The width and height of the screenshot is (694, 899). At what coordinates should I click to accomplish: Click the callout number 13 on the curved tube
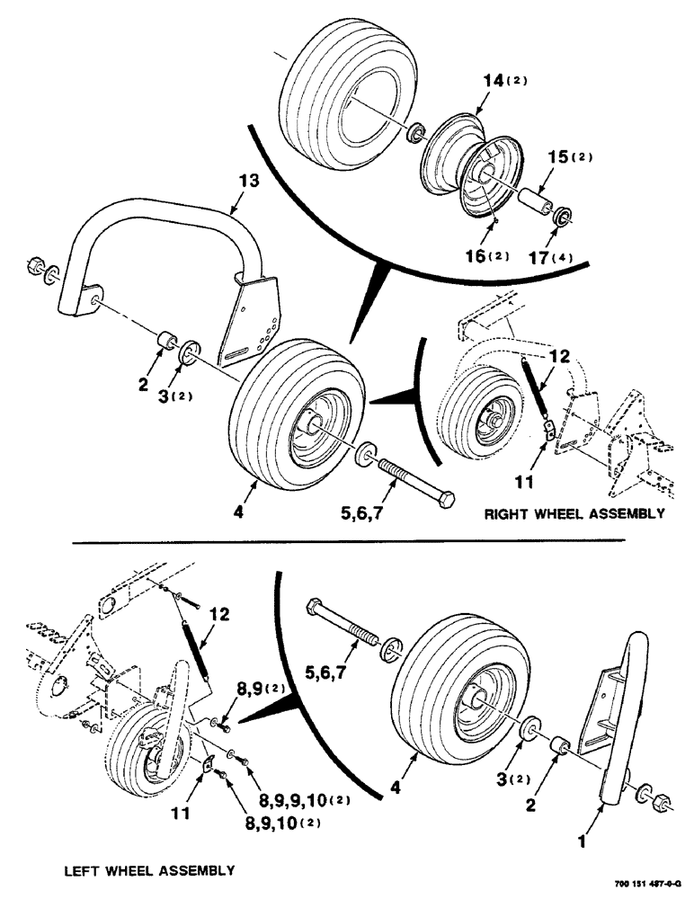coord(249,181)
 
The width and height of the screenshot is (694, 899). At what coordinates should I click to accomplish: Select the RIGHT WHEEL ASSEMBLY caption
coord(574,515)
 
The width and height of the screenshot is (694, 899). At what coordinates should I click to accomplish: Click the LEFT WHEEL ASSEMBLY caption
coord(149,870)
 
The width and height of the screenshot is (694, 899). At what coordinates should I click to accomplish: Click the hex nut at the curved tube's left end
coord(33,266)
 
